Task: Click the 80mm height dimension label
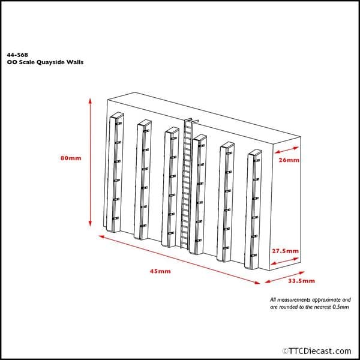click(x=70, y=158)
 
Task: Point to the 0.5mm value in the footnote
click(x=340, y=306)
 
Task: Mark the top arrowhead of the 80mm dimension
click(x=90, y=100)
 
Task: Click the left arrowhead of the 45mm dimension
click(x=100, y=237)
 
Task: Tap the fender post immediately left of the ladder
click(x=170, y=186)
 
